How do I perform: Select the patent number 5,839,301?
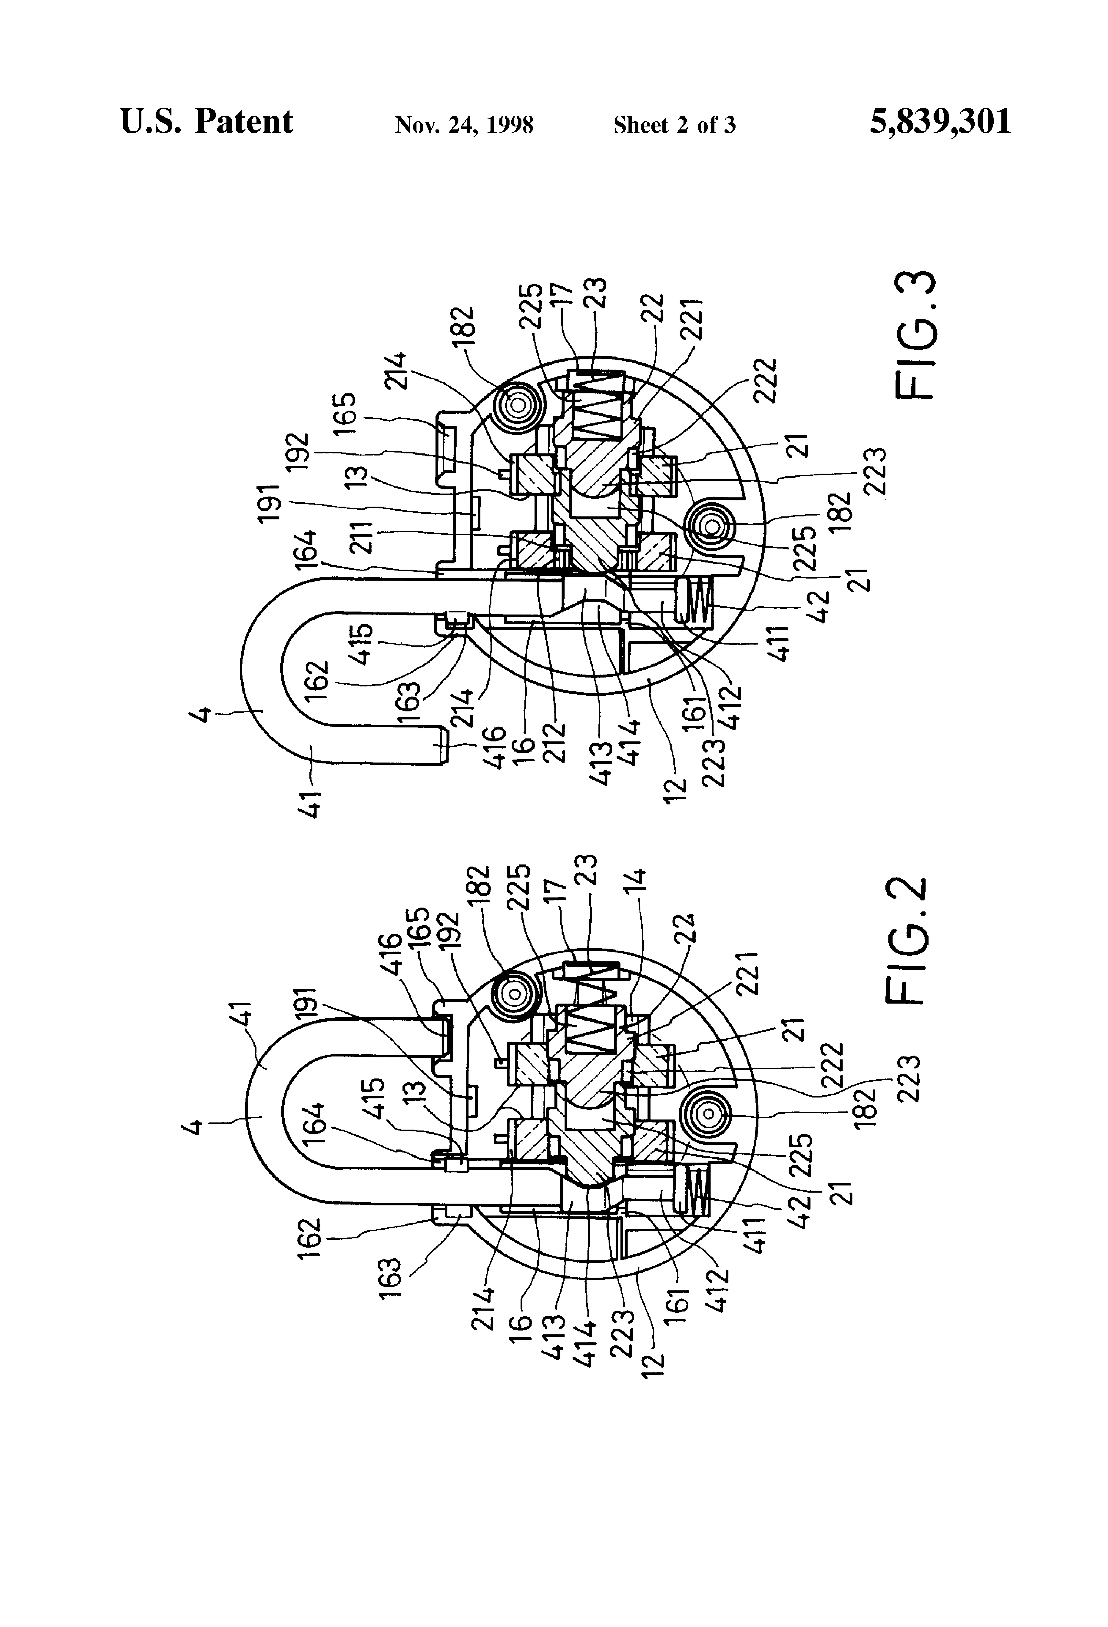[941, 122]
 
